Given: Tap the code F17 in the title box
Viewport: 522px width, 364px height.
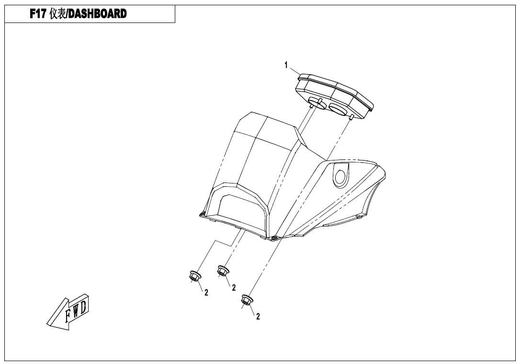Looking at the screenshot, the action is tap(38, 14).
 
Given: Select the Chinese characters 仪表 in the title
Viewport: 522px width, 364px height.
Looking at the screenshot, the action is tap(57, 14).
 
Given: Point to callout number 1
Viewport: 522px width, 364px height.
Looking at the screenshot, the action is tap(285, 65).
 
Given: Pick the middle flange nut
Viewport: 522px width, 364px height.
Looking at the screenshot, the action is tap(222, 271).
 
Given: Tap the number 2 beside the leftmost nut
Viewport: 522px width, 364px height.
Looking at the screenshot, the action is tap(206, 293).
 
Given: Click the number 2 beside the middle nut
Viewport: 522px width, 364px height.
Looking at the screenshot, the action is tap(234, 287).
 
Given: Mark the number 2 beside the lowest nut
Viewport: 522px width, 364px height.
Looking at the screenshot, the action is tap(258, 317).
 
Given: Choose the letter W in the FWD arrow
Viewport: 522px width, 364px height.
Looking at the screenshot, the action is tap(76, 310).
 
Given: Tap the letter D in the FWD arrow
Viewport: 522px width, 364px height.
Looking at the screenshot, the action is tap(83, 306).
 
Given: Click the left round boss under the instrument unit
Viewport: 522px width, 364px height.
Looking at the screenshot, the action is tap(317, 103).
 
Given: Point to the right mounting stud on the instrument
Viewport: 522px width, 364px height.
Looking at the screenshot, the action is tap(351, 117).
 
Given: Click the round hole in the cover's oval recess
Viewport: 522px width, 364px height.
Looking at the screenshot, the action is tap(340, 177).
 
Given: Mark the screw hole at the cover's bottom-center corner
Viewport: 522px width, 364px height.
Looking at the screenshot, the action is tap(273, 238).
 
